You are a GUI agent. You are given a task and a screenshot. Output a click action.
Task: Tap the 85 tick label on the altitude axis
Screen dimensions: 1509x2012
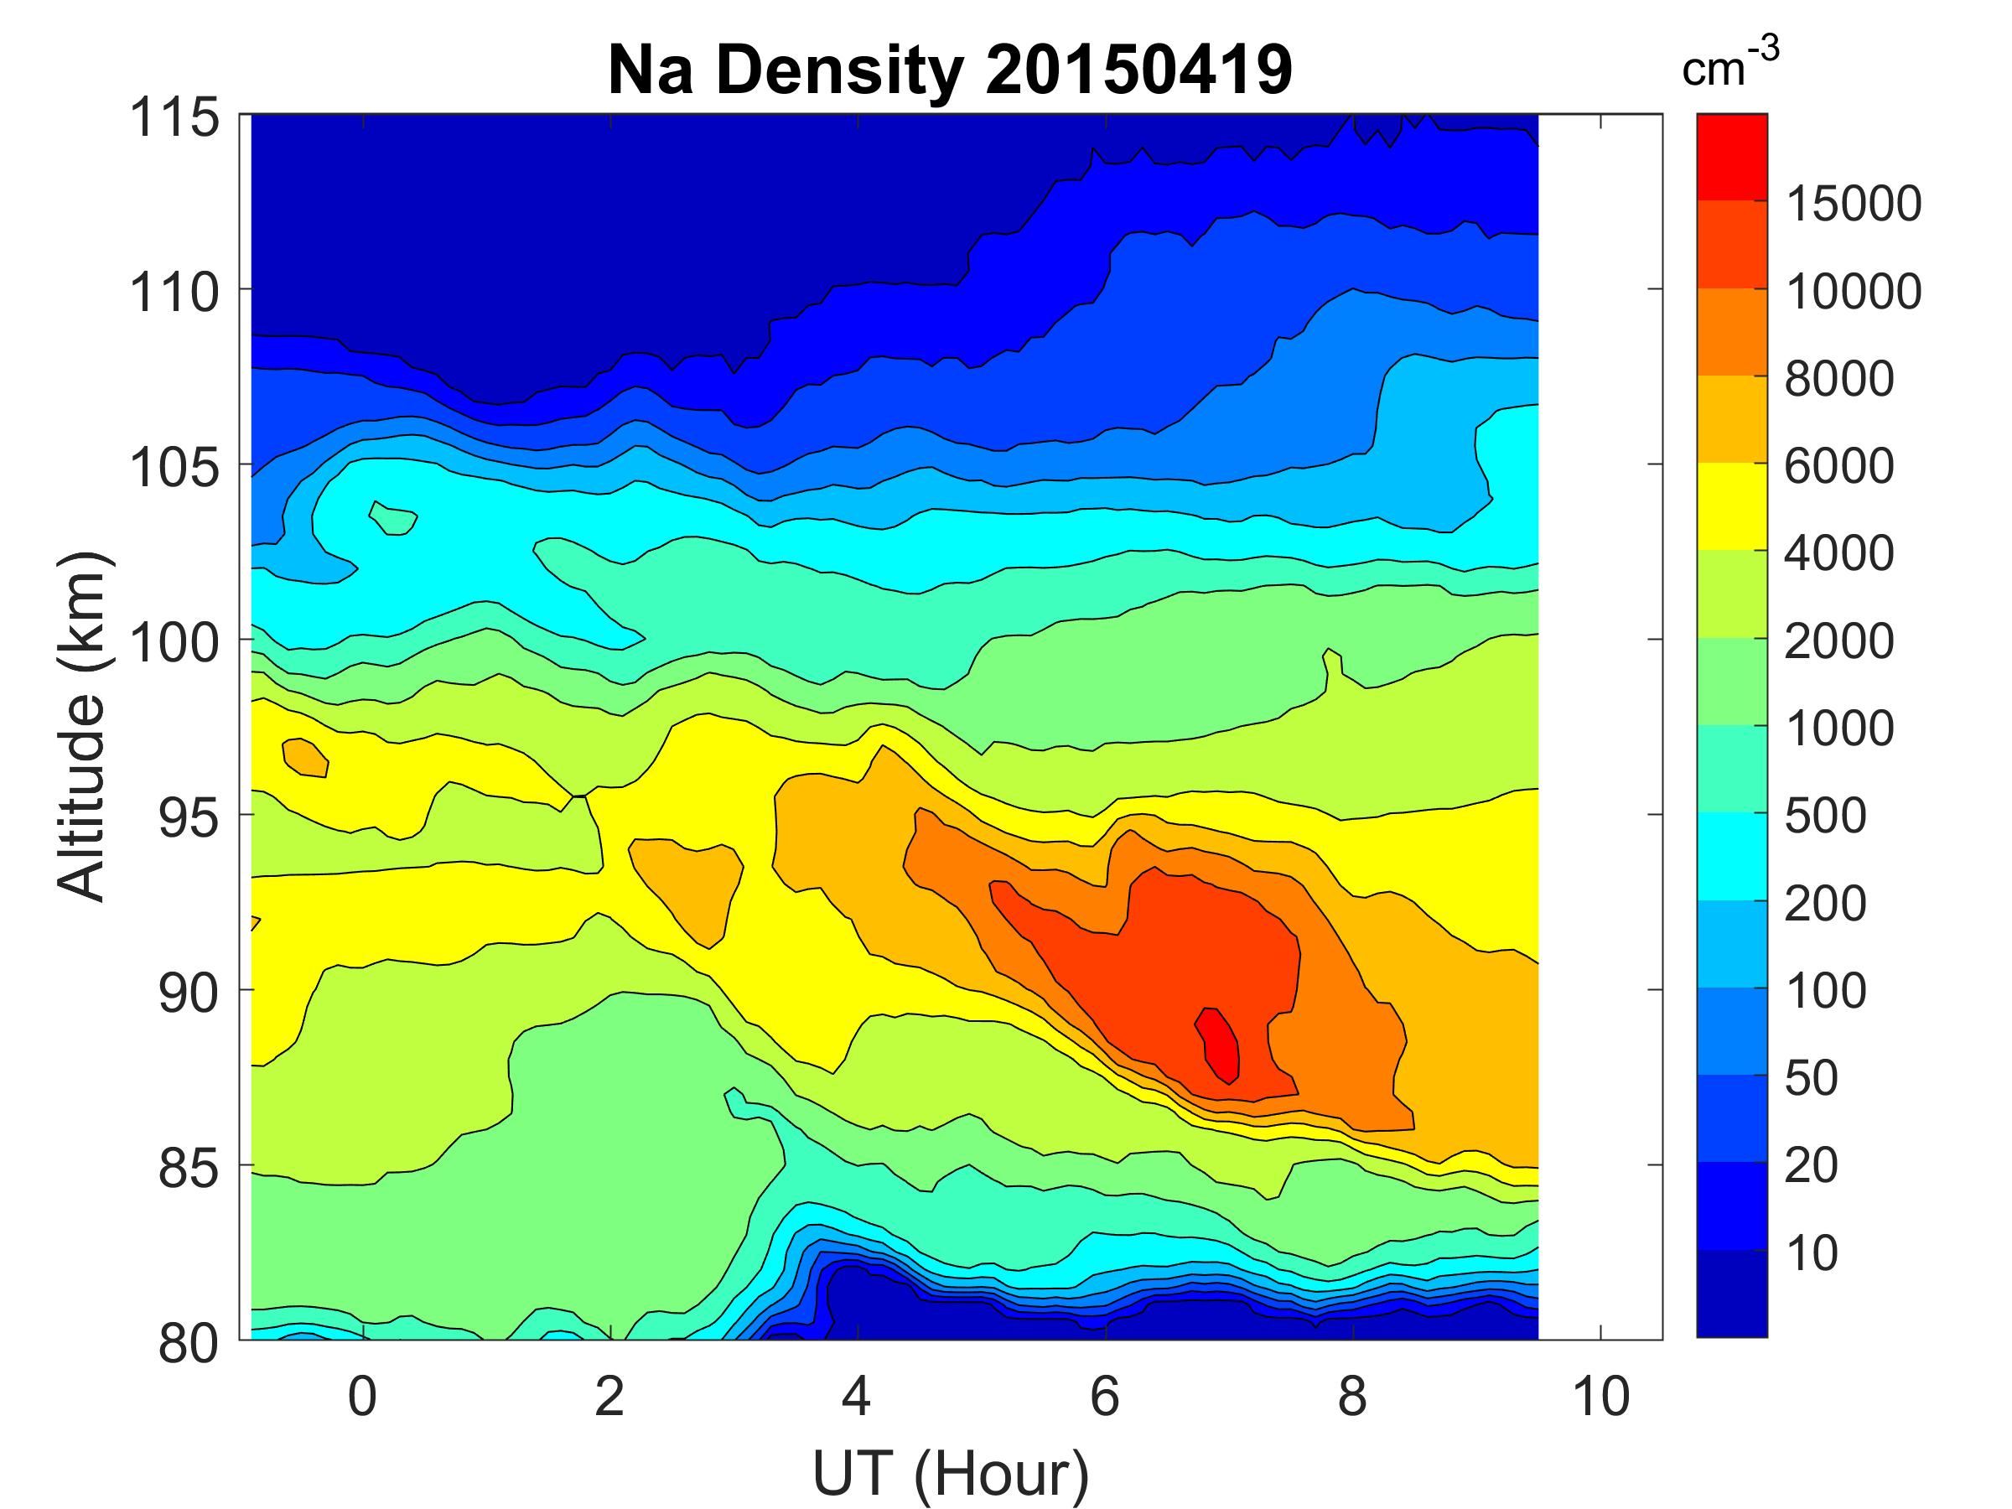click(189, 1168)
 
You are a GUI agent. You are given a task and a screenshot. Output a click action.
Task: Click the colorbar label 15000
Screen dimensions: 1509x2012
click(1854, 204)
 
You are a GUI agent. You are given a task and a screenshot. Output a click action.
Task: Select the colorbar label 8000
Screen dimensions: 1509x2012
click(1839, 378)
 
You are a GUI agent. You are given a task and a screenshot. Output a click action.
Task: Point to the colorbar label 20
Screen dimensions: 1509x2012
click(1811, 1165)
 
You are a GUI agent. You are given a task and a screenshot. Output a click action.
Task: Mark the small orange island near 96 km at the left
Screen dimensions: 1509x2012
click(306, 757)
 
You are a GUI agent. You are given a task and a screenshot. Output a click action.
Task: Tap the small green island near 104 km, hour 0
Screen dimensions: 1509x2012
click(393, 520)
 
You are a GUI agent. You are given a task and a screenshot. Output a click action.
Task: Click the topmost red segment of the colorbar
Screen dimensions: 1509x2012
click(1731, 157)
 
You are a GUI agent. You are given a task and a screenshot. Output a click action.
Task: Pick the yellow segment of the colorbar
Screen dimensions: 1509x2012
click(1731, 506)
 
